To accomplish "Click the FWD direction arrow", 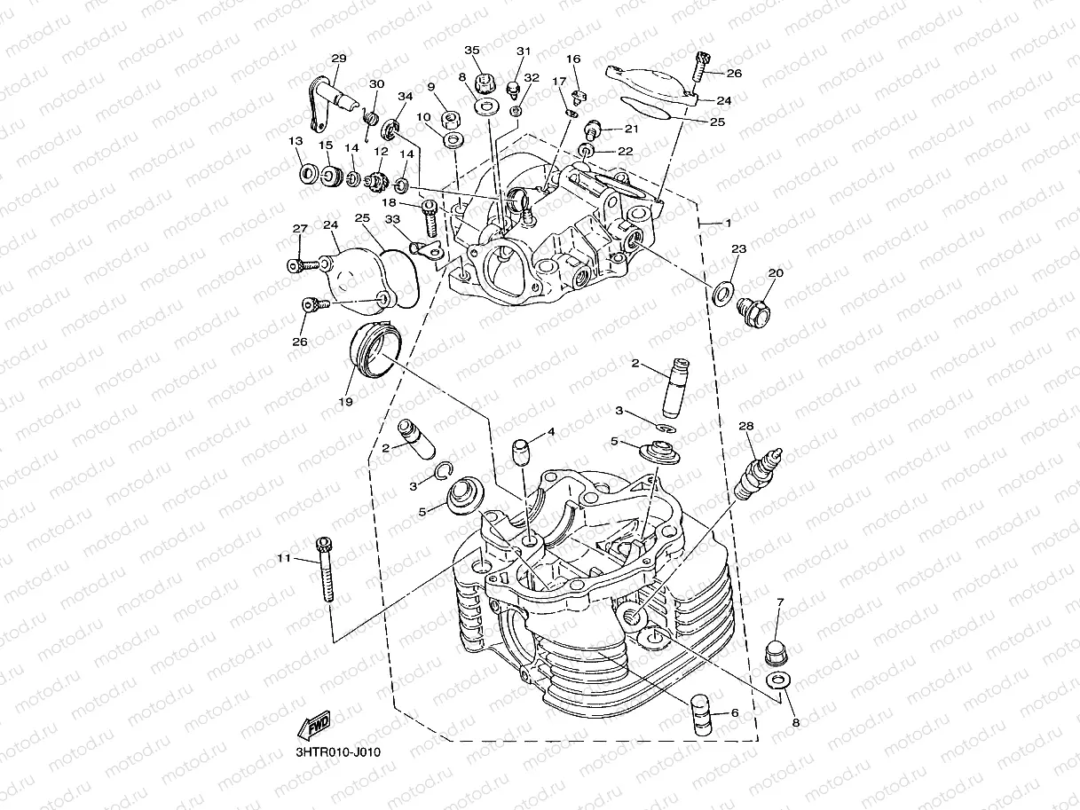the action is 315,725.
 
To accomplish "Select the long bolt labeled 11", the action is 326,570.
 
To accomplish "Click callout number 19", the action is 344,402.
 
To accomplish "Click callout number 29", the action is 338,59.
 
